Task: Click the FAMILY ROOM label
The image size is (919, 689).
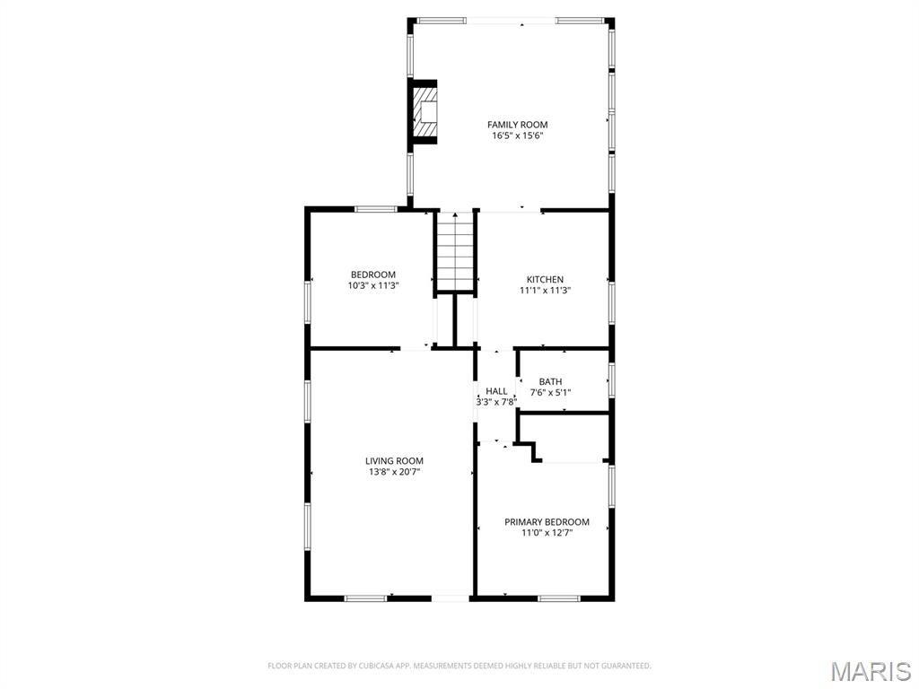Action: coord(517,125)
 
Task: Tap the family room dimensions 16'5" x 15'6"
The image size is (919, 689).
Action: coord(517,136)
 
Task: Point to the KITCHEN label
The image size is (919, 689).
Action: coord(545,279)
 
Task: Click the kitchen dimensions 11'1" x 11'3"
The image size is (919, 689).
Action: coord(545,291)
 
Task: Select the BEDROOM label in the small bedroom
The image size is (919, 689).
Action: coord(372,275)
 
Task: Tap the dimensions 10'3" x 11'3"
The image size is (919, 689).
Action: coord(372,285)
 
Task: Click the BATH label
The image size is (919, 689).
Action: coord(550,381)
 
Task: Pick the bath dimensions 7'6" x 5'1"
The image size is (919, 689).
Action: coord(550,392)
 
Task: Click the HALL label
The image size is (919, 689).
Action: coord(496,391)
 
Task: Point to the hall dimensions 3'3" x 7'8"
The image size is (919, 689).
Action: coord(496,402)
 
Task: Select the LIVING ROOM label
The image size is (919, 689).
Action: coord(394,460)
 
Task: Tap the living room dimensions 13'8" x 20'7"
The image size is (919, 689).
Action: coord(394,472)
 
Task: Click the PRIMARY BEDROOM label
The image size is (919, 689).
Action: coord(547,521)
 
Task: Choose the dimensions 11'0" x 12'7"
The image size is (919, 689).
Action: coord(547,533)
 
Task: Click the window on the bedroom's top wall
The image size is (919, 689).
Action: coord(375,209)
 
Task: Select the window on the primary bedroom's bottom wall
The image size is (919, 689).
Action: coord(559,597)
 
